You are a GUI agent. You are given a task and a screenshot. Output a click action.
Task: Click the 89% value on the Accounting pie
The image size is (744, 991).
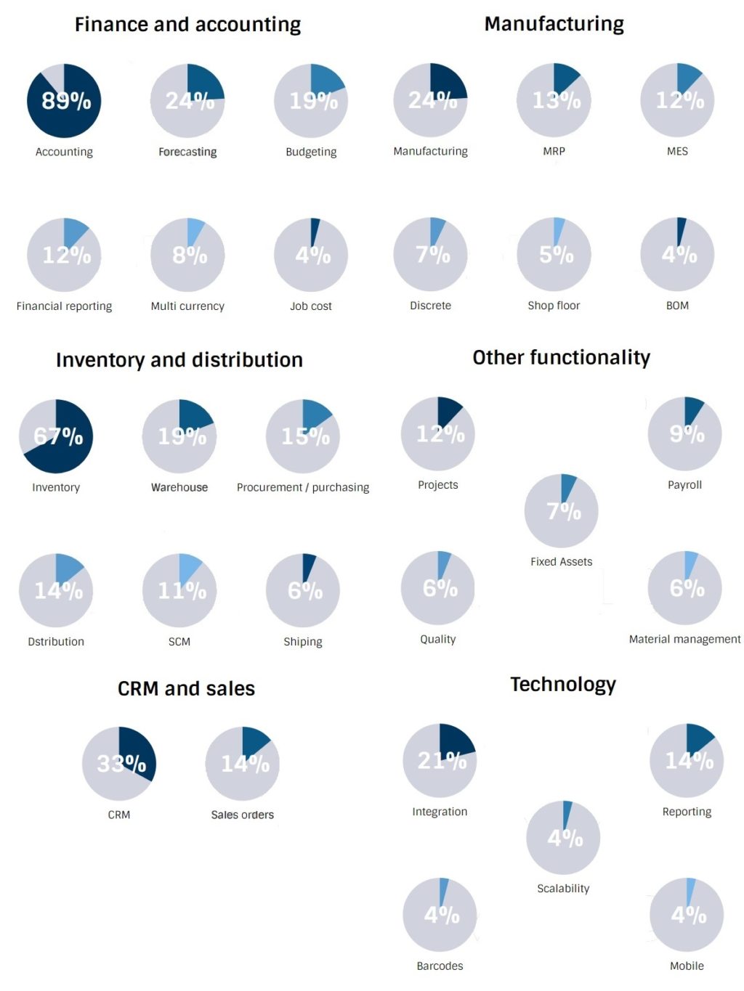coord(66,101)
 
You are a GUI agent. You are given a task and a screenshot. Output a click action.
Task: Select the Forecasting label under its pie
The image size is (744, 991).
coord(187,152)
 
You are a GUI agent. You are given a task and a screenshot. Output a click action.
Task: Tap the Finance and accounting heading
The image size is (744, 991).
coord(187,25)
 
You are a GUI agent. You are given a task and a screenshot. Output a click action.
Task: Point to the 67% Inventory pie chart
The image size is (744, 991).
coord(56,436)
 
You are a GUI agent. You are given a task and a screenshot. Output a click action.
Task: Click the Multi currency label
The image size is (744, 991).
coord(187,306)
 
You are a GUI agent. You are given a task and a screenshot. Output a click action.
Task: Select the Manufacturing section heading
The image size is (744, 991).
coord(554,24)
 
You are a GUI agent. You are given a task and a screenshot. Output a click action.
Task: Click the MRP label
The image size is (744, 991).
coord(554,151)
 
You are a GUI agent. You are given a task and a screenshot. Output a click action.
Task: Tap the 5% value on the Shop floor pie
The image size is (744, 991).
coord(556,255)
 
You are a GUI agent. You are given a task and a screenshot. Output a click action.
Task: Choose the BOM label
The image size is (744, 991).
coord(677,306)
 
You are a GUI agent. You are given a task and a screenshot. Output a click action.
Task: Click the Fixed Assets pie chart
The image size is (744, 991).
coord(561,511)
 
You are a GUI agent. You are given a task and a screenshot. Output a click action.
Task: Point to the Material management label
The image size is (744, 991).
coord(684,639)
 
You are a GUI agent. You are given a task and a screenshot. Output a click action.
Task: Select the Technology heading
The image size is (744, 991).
coord(562,685)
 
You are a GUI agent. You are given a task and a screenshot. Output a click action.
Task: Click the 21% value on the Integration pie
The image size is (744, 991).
coord(442,760)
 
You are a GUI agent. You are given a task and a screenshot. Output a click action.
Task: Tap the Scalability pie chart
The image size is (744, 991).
coord(563,838)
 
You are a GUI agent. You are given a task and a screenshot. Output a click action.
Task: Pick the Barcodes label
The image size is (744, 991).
coord(440,966)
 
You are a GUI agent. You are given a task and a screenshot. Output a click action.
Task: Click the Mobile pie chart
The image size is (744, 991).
coord(687,915)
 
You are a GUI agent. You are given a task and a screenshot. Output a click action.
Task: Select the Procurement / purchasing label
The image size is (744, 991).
coord(303,487)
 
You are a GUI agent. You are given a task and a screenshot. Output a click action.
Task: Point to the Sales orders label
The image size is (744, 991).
coord(242,815)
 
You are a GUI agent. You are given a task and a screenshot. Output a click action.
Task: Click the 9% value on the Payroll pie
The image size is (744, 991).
coord(687,434)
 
